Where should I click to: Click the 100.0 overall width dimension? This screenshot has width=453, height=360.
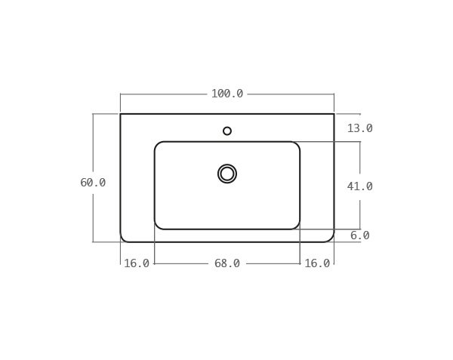point(226,94)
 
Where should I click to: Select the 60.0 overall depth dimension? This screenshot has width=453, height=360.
point(93,183)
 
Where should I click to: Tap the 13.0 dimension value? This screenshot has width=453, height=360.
point(359,128)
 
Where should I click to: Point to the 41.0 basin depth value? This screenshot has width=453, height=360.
point(359,186)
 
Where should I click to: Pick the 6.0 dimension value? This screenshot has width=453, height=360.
point(359,235)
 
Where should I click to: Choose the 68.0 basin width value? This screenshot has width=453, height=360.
point(226,263)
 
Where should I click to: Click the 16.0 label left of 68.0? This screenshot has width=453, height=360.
point(137,263)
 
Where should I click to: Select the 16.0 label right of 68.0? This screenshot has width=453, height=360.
point(317,263)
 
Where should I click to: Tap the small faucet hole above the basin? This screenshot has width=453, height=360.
point(227,131)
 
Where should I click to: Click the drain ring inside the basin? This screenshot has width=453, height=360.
point(227,174)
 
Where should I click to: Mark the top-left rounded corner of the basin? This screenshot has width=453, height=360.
point(158,145)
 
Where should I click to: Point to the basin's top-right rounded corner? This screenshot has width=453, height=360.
point(297,145)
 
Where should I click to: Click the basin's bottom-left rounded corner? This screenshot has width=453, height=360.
point(158,226)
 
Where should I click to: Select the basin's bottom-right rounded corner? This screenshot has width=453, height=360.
point(297,226)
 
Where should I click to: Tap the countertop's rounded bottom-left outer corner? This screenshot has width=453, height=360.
point(123,238)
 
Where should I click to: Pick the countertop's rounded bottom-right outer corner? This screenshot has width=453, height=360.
point(331,238)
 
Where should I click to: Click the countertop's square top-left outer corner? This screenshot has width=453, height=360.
point(121,114)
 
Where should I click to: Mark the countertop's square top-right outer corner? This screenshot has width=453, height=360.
point(334,114)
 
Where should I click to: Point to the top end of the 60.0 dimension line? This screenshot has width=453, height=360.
point(93,114)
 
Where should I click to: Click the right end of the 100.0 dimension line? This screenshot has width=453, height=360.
point(334,94)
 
